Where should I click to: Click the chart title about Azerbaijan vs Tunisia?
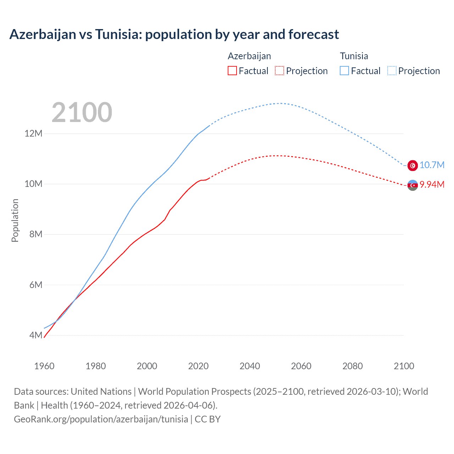[174, 34]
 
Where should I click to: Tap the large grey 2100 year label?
[82, 112]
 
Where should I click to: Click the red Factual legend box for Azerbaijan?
[232, 71]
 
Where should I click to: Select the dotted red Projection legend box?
[279, 71]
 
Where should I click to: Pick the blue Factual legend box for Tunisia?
[344, 71]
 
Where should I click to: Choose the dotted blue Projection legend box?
[392, 71]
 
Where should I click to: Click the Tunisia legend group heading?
[354, 56]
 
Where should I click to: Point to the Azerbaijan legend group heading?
[249, 56]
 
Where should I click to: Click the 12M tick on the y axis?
[33, 134]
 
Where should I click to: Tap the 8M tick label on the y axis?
[35, 234]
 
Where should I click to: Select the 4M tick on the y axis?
[35, 335]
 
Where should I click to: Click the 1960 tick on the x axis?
[44, 366]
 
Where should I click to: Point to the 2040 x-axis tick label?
[250, 366]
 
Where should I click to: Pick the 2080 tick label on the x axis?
[353, 366]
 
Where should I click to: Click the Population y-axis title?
[15, 220]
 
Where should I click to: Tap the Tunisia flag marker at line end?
[413, 165]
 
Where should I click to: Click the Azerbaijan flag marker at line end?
[413, 185]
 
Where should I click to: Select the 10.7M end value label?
[432, 165]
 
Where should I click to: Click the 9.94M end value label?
[432, 184]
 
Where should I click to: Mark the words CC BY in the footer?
[207, 419]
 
